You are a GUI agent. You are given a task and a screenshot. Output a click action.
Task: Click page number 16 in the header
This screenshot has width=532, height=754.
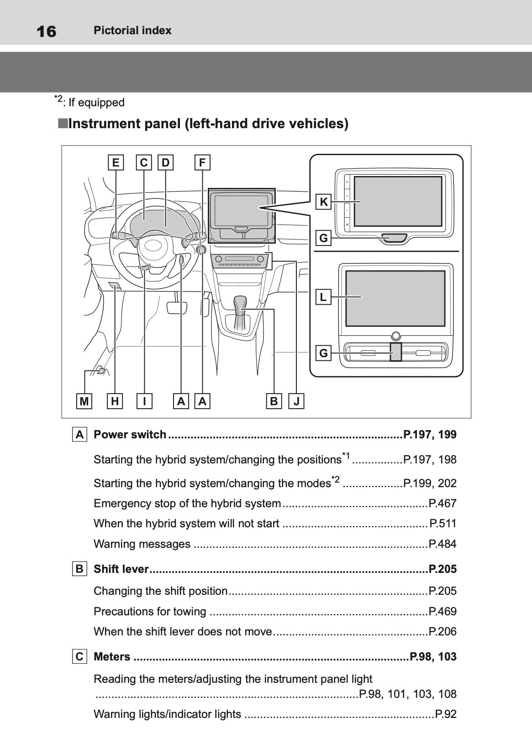point(46,31)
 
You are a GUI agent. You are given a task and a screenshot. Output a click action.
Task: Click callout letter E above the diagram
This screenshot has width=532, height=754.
point(116,162)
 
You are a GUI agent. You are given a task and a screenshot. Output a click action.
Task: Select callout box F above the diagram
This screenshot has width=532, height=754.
point(202,162)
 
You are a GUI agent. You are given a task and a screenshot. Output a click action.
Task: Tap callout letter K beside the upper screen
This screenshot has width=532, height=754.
point(324,202)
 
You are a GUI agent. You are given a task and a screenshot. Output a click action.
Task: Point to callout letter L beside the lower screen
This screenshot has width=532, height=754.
point(323,297)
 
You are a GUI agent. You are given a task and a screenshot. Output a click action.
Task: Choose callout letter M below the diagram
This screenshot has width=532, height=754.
point(84,401)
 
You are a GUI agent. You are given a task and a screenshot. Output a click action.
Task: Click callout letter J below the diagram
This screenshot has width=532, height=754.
point(297,401)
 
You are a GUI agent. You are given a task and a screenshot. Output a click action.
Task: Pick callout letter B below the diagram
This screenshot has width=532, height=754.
point(274,401)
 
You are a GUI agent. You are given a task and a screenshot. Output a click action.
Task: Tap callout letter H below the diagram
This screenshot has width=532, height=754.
point(115,401)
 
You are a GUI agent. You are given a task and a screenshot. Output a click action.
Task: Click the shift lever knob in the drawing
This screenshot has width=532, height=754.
point(240,303)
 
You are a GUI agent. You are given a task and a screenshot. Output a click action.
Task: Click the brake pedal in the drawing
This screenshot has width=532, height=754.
point(177,307)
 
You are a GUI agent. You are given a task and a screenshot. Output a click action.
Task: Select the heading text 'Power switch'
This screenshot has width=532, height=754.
point(130,434)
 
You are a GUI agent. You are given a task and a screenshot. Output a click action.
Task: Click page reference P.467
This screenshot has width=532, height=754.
point(442,503)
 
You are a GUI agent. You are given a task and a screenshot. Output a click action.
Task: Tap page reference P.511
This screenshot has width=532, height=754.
point(443,523)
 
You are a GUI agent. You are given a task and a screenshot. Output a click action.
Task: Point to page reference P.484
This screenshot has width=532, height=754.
point(442,544)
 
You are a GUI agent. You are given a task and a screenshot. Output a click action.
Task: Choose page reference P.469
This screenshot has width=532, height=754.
point(442,611)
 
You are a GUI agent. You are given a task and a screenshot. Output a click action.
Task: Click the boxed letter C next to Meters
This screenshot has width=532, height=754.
point(79,656)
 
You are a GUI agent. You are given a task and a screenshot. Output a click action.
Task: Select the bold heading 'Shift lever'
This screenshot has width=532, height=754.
point(121,569)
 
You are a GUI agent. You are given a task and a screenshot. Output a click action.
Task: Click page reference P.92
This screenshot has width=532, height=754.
point(446,714)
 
